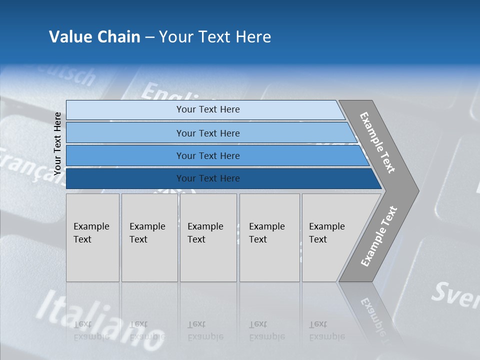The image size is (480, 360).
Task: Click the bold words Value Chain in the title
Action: pyautogui.click(x=94, y=37)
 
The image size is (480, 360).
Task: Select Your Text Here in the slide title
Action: pyautogui.click(x=215, y=37)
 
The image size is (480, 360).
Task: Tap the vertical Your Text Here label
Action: pyautogui.click(x=57, y=144)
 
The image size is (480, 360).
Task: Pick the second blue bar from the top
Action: pyautogui.click(x=207, y=133)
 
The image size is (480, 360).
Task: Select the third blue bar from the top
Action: pyautogui.click(x=207, y=156)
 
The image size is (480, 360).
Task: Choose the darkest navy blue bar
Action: pyautogui.click(x=207, y=178)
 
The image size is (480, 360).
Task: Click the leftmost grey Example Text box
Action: pyautogui.click(x=92, y=237)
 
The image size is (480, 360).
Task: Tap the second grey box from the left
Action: pyautogui.click(x=149, y=237)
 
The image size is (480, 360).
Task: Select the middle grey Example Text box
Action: pyautogui.click(x=208, y=237)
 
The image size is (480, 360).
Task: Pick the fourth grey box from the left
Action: pyautogui.click(x=269, y=237)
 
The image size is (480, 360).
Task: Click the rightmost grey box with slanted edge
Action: pyautogui.click(x=330, y=237)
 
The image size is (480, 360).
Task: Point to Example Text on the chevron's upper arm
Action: pyautogui.click(x=377, y=142)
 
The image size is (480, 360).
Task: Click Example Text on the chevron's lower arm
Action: pyautogui.click(x=379, y=236)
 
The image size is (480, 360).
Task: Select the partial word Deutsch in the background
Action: pyautogui.click(x=70, y=75)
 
